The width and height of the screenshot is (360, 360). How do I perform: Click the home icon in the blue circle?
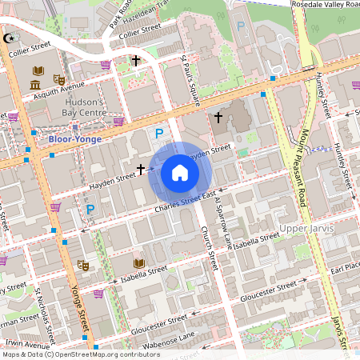[x=180, y=173]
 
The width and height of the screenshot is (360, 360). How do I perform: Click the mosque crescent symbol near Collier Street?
[x=10, y=38]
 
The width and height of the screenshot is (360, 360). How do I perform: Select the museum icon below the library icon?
[x=36, y=85]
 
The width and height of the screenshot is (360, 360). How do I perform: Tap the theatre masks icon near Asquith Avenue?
[x=58, y=79]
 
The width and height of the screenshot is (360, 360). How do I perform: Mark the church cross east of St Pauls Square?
[x=218, y=118]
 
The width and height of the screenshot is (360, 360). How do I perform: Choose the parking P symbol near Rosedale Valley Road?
[x=241, y=26]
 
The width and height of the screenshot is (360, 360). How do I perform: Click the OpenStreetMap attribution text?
[x=81, y=354]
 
